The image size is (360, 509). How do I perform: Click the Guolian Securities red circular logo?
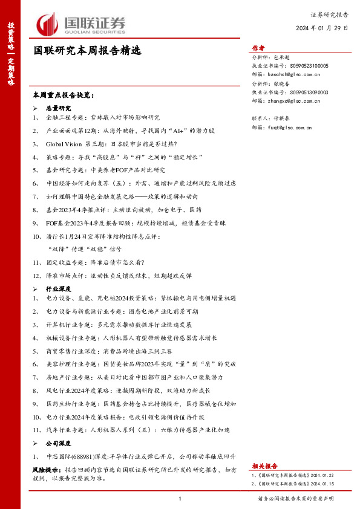[x=46, y=25]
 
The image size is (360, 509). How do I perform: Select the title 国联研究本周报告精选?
[x=87, y=51]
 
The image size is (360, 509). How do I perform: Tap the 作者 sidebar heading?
[x=258, y=48]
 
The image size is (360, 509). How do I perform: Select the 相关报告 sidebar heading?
[x=264, y=466]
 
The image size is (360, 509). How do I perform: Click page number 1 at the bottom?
[x=180, y=499]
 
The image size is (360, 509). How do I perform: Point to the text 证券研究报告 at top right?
[x=329, y=13]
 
